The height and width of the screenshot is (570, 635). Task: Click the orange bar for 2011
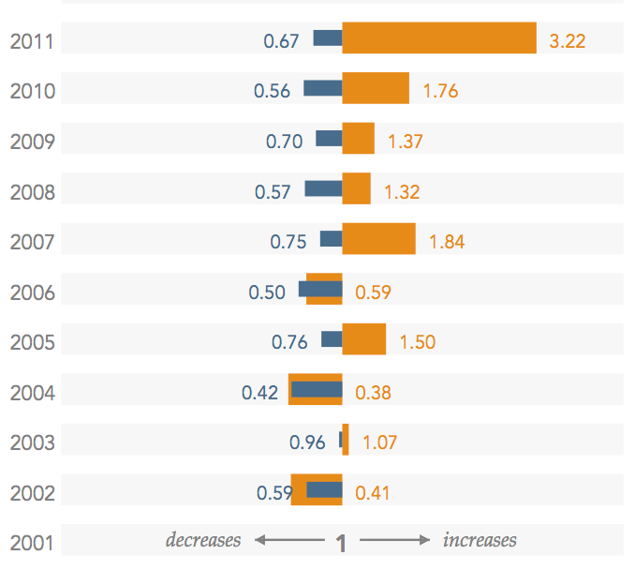point(438,38)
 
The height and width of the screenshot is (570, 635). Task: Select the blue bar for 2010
point(323,88)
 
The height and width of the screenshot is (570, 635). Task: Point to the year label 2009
point(32,142)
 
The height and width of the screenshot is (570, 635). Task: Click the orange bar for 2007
point(378,238)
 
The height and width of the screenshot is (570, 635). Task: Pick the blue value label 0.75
point(288,242)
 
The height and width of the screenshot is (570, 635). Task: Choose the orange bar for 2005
point(363,338)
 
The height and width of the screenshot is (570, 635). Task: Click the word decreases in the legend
point(203,540)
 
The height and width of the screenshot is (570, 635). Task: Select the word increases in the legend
point(480,540)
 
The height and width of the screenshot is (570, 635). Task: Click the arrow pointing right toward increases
point(394,540)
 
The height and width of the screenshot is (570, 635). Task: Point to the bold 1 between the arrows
point(342,543)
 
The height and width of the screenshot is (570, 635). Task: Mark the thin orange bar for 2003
point(346,439)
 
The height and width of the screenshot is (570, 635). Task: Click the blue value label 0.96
point(307,442)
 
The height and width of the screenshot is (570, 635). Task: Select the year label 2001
point(32,543)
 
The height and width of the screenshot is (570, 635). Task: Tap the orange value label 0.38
point(374,393)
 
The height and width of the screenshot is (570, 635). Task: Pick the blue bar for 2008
point(324,188)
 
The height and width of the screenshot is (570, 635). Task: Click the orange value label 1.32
point(402,192)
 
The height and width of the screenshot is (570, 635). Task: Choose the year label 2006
point(32,292)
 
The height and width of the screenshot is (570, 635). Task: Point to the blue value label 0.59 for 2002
point(275,492)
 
